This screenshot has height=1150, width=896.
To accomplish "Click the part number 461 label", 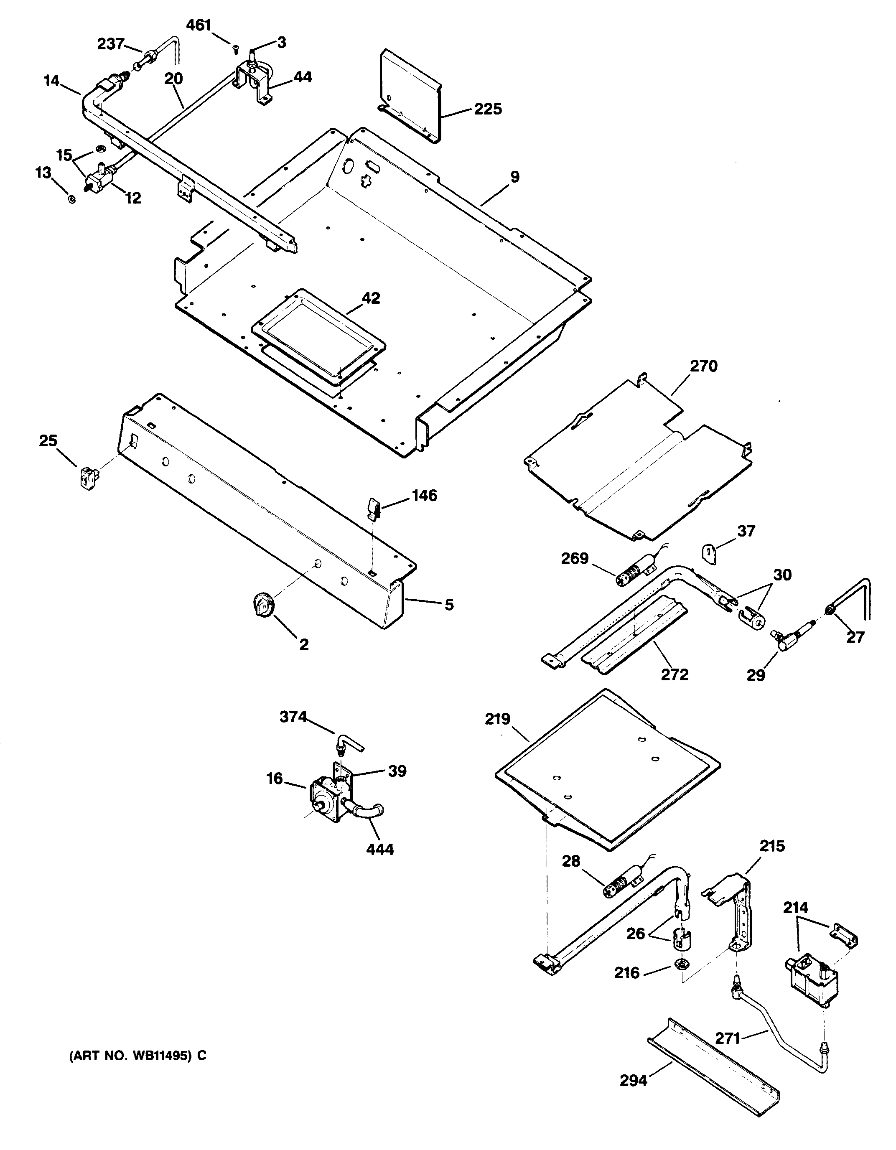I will pos(199,25).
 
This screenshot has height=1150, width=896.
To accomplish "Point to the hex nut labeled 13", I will pos(71,200).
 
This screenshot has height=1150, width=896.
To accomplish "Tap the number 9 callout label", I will pos(514,177).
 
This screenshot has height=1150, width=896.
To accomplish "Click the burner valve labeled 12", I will pos(99,178).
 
